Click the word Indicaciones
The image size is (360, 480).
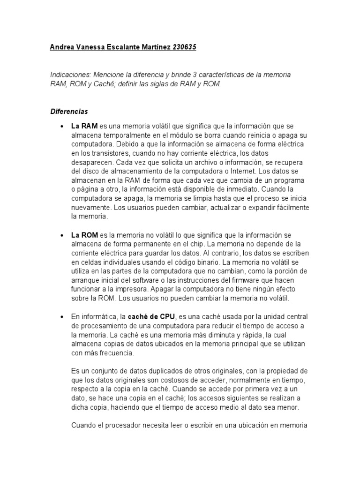tap(70, 75)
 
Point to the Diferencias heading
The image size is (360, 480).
tap(69, 112)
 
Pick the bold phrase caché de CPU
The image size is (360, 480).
tap(153, 316)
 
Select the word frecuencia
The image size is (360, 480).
tap(113, 352)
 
